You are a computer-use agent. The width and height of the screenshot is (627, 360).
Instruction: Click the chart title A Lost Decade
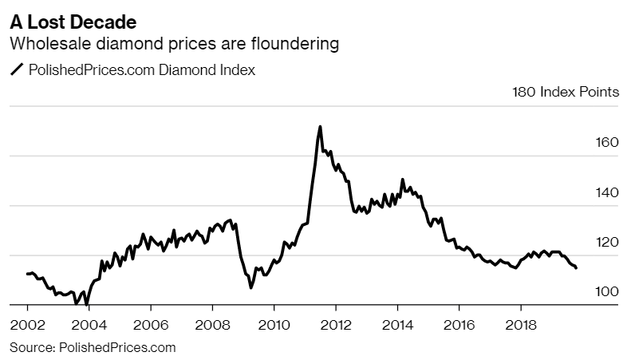tap(67, 18)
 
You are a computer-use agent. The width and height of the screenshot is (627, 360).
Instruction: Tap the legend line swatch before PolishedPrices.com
tap(16, 70)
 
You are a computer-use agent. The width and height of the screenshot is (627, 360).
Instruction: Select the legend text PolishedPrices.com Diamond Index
tap(141, 70)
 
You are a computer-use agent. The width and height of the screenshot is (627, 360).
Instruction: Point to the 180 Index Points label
tap(565, 92)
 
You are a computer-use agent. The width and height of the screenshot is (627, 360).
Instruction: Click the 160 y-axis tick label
tap(607, 142)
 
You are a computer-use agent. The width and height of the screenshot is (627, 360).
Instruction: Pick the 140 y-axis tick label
tap(607, 192)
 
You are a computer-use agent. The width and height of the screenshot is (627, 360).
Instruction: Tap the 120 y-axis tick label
tap(607, 242)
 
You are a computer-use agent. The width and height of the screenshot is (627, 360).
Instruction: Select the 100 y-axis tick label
tap(607, 291)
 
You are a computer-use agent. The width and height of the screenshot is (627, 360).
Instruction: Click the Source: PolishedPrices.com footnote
tap(93, 347)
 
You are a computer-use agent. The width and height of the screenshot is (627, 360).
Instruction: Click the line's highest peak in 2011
tap(320, 126)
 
